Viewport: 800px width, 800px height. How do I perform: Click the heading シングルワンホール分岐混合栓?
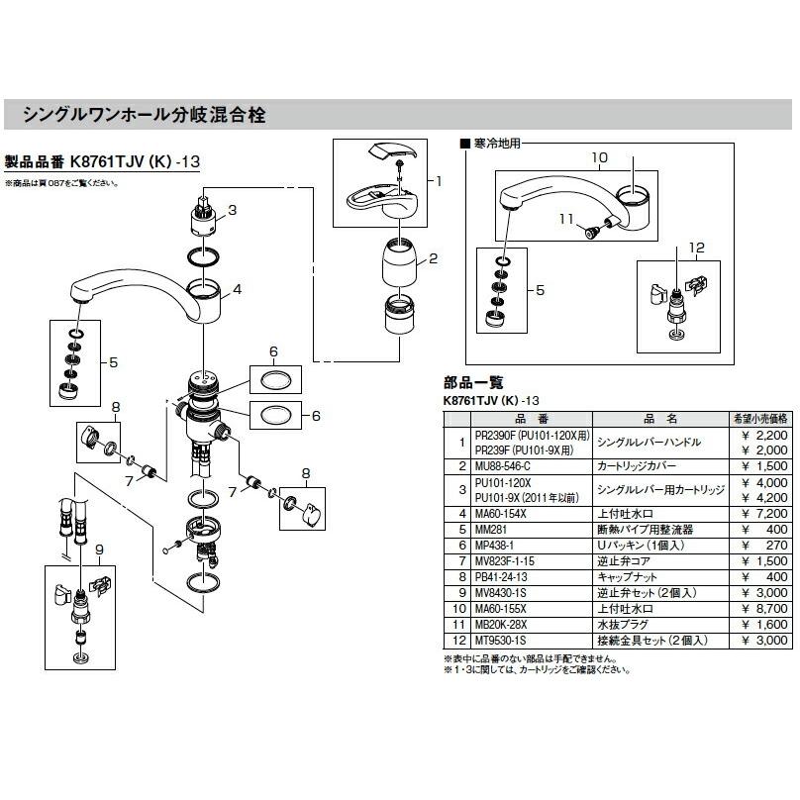pyautogui.click(x=143, y=116)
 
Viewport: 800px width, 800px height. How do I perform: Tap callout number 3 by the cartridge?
pyautogui.click(x=232, y=209)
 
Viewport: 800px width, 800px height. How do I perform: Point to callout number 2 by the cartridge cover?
pyautogui.click(x=432, y=259)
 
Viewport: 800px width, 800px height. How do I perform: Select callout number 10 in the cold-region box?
pyautogui.click(x=599, y=157)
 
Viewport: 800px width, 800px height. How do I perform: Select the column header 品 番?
pyautogui.click(x=524, y=418)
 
